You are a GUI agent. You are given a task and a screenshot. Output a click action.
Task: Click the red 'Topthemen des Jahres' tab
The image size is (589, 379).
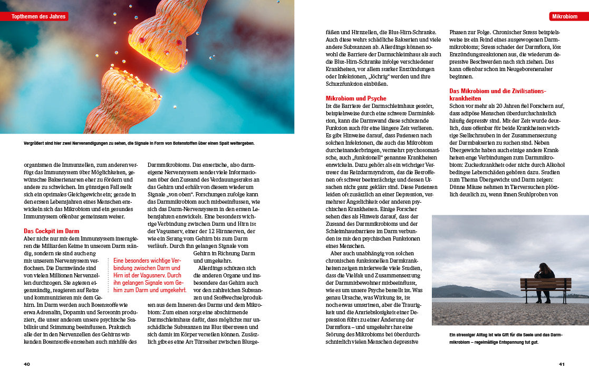37,16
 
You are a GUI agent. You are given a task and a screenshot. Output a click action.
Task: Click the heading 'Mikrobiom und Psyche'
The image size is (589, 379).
356,98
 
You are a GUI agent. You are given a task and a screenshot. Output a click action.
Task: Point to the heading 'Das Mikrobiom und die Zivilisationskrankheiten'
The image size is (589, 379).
497,94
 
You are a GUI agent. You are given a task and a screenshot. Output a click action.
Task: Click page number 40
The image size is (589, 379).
27,364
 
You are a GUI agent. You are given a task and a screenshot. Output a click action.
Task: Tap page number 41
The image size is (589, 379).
562,364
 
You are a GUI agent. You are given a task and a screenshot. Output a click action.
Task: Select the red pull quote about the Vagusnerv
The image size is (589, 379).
150,275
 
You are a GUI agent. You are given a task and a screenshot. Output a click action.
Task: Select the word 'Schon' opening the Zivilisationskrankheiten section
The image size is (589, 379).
457,106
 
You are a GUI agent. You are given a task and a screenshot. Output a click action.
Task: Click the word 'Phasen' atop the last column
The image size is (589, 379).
458,32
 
